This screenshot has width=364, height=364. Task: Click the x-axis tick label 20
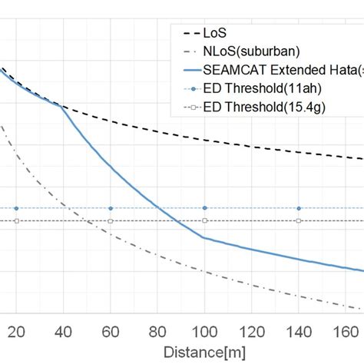click(17, 331)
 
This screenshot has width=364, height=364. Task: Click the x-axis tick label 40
click(64, 331)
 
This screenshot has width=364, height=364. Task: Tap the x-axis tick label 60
click(111, 331)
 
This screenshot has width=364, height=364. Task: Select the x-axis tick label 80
click(157, 331)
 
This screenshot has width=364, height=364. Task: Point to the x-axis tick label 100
click(204, 331)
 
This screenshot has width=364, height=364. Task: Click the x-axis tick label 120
click(252, 331)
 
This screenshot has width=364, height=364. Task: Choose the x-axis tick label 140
click(299, 331)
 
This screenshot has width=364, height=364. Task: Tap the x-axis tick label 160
click(346, 331)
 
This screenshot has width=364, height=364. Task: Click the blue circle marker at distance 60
click(111, 208)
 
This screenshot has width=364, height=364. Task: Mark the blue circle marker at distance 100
click(204, 208)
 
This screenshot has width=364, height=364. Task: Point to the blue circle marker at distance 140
click(299, 208)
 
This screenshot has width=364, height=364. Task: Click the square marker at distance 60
click(111, 221)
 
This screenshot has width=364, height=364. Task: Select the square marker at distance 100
click(204, 221)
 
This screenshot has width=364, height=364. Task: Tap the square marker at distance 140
click(299, 221)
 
